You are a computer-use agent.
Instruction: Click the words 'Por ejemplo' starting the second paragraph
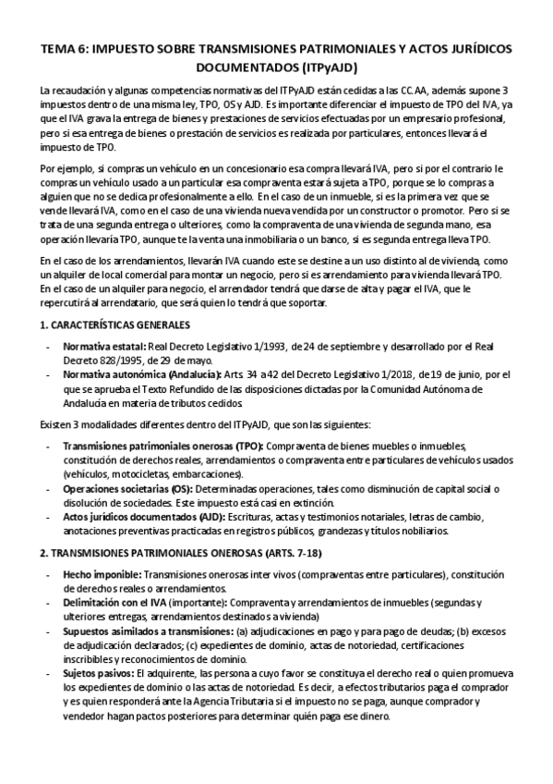click(x=65, y=169)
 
